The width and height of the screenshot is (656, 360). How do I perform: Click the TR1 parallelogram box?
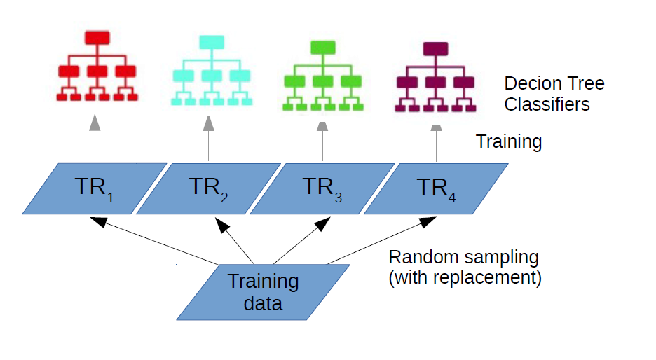coord(94,188)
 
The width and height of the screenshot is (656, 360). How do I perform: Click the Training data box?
coord(263,292)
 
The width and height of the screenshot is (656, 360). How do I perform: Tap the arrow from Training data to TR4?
coord(378,242)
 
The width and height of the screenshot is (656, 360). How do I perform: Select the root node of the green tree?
coord(322,48)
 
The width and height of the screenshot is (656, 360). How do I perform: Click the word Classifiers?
coord(547,105)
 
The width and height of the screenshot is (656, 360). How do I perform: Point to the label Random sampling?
coord(463,257)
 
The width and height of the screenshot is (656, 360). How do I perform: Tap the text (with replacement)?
coord(465,278)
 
